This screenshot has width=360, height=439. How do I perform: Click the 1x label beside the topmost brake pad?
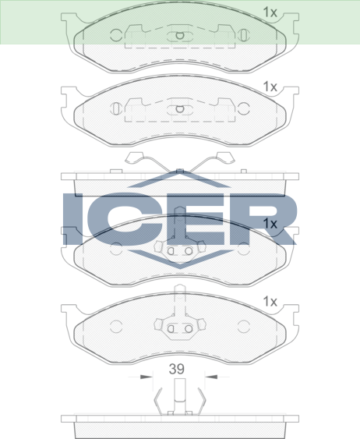click(x=270, y=12)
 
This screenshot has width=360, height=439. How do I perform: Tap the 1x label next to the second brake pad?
click(x=270, y=87)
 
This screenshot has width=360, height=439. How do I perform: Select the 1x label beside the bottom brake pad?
click(x=270, y=302)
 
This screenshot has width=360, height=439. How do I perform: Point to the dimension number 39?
click(x=177, y=369)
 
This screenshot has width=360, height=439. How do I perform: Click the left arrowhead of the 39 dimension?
click(x=146, y=377)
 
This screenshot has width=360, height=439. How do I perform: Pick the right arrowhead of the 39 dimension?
click(x=211, y=377)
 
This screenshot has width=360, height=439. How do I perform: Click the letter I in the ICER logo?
click(x=73, y=218)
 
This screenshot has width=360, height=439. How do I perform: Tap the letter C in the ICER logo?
click(x=126, y=218)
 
